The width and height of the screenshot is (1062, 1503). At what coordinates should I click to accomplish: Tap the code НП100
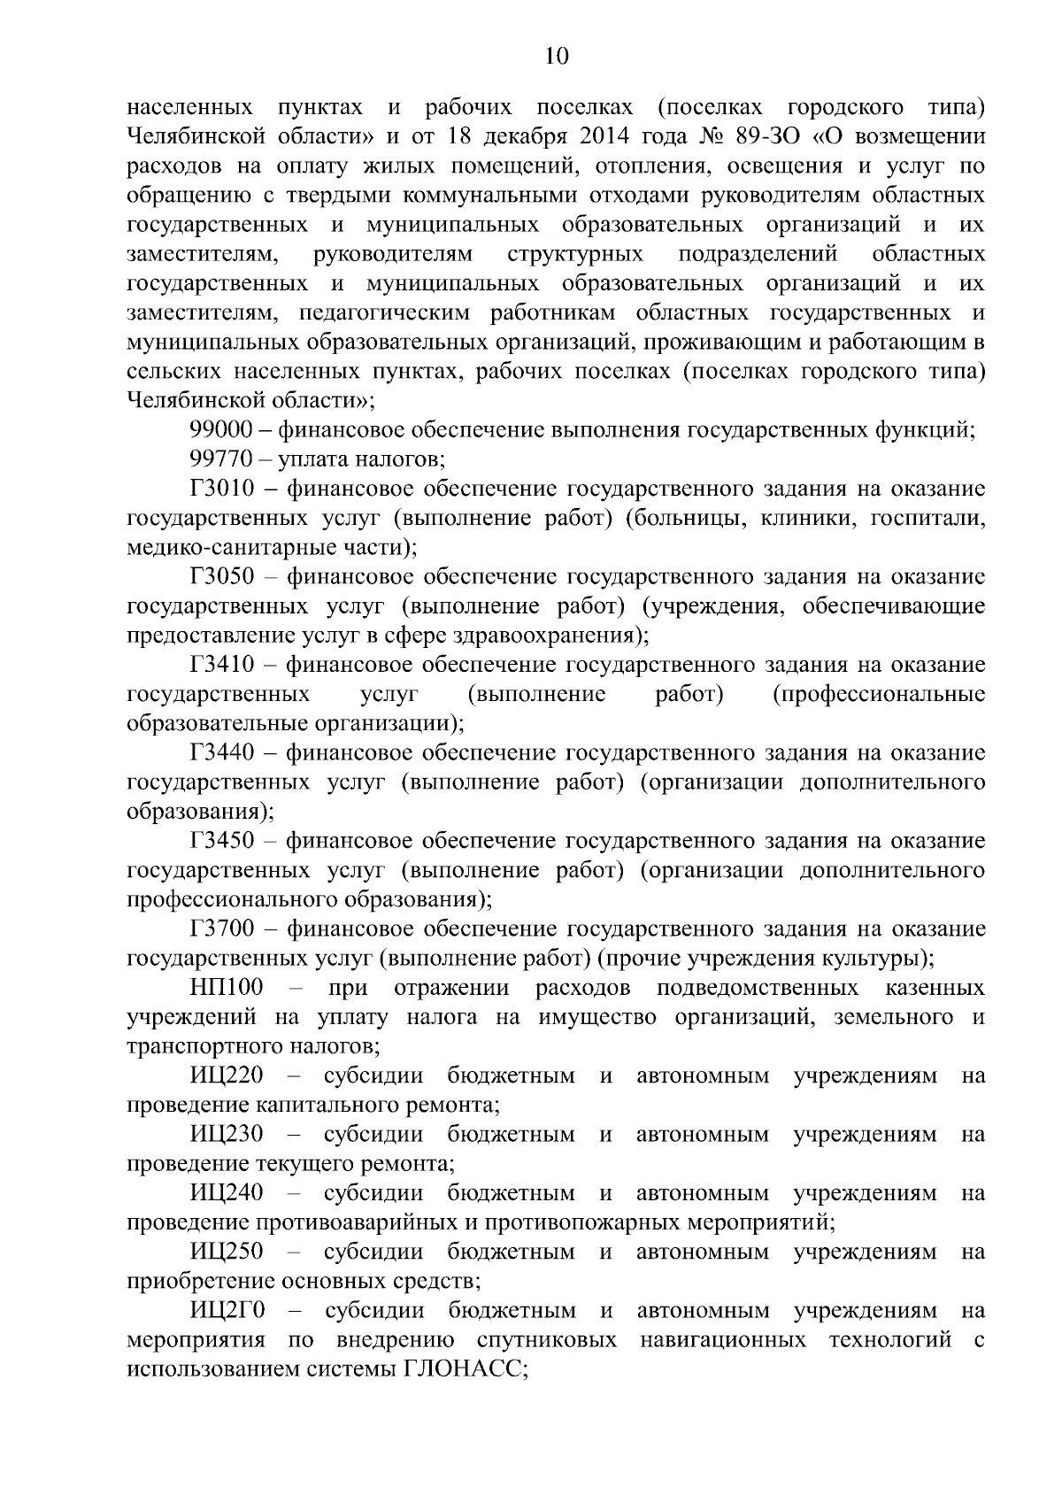[x=227, y=988]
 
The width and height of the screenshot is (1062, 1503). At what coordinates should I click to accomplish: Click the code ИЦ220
[x=227, y=1076]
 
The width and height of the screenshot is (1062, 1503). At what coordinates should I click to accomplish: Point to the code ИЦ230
[x=227, y=1135]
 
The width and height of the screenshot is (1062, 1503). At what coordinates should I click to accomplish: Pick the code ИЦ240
[x=227, y=1193]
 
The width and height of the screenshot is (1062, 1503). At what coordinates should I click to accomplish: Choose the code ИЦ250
[x=227, y=1252]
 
